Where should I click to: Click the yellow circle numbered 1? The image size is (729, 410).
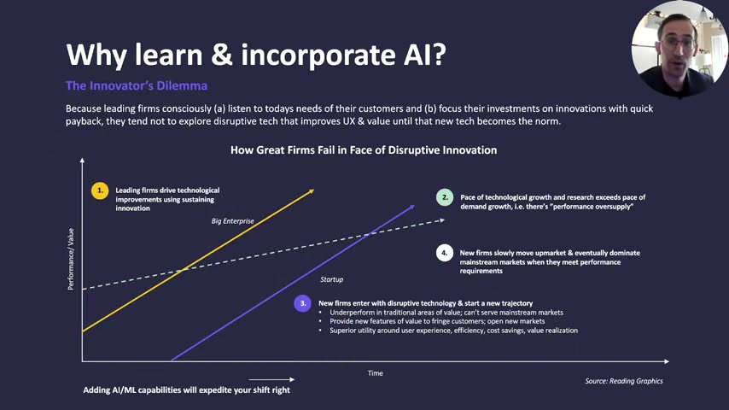(x=100, y=190)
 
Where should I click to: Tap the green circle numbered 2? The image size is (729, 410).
(x=445, y=197)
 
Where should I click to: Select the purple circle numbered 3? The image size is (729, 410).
(x=303, y=303)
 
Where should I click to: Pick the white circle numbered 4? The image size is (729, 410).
(x=445, y=253)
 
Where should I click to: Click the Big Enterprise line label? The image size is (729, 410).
(x=232, y=221)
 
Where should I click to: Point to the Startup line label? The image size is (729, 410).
(x=331, y=279)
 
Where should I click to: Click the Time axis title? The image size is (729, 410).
(x=376, y=373)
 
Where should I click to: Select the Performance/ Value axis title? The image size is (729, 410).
(x=71, y=259)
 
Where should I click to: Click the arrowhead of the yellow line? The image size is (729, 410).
(x=311, y=190)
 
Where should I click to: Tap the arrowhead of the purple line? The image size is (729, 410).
(x=411, y=207)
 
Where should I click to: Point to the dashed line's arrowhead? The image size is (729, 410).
(x=442, y=220)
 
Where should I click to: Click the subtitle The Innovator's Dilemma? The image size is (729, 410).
(x=137, y=85)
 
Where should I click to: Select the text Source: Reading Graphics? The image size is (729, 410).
(x=624, y=381)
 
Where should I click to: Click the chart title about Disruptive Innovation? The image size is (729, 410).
(x=364, y=149)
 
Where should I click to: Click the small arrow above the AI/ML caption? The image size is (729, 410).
(x=271, y=380)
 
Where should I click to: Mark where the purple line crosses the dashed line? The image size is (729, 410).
(x=368, y=234)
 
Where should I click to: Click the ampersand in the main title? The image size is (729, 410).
(x=222, y=55)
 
